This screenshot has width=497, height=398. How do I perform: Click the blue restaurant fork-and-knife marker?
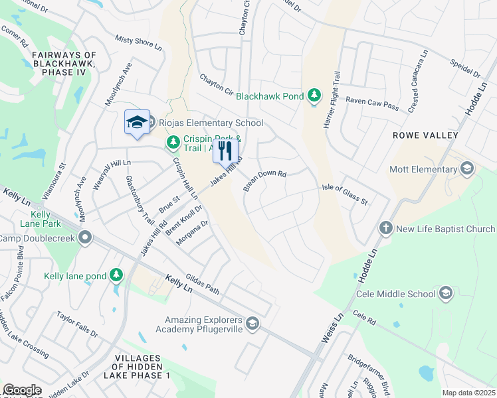tap(225, 151)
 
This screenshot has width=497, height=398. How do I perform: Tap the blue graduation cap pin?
tap(137, 122)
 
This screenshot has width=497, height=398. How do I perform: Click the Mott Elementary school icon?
tap(467, 168)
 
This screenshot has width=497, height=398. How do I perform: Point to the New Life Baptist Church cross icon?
tap(386, 229)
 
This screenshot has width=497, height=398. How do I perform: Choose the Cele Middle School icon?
tap(445, 293)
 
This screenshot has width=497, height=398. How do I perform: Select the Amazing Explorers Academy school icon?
tap(252, 324)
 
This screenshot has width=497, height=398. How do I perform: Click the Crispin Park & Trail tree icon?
tap(173, 141)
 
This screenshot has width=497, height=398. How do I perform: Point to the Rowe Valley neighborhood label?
tap(425, 135)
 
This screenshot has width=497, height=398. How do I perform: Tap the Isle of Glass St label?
tap(346, 195)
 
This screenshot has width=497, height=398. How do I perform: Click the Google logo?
tap(22, 390)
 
